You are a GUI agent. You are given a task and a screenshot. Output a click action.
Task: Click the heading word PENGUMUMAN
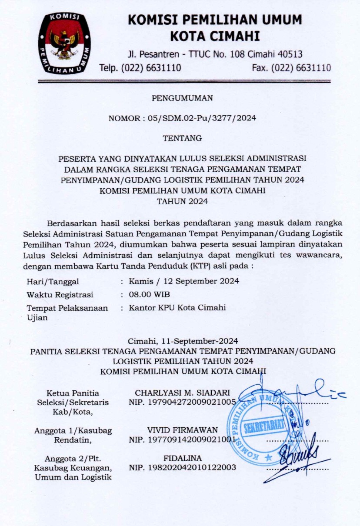point(182,98)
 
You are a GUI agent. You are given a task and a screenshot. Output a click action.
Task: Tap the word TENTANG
point(182,139)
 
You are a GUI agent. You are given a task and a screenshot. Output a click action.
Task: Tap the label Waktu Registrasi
point(60,295)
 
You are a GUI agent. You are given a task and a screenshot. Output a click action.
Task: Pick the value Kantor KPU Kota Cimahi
point(177,308)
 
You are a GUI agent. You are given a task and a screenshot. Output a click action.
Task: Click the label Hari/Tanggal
point(53,282)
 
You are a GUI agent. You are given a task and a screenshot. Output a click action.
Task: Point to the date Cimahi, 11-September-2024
point(183,340)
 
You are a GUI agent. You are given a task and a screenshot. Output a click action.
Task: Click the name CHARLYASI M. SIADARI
point(182,393)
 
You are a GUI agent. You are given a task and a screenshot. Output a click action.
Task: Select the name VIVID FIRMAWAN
point(182,430)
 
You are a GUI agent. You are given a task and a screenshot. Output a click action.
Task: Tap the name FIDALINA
point(182,458)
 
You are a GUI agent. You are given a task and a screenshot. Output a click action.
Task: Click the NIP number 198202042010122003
point(182,468)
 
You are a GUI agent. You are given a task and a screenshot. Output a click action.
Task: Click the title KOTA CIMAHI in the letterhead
point(215,36)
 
